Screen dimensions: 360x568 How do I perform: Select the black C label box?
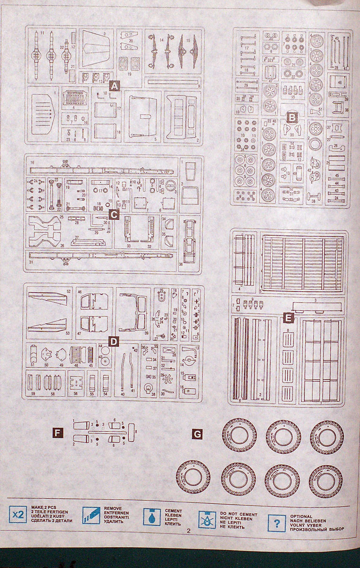(113, 215)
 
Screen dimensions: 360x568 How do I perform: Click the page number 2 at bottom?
(188, 531)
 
